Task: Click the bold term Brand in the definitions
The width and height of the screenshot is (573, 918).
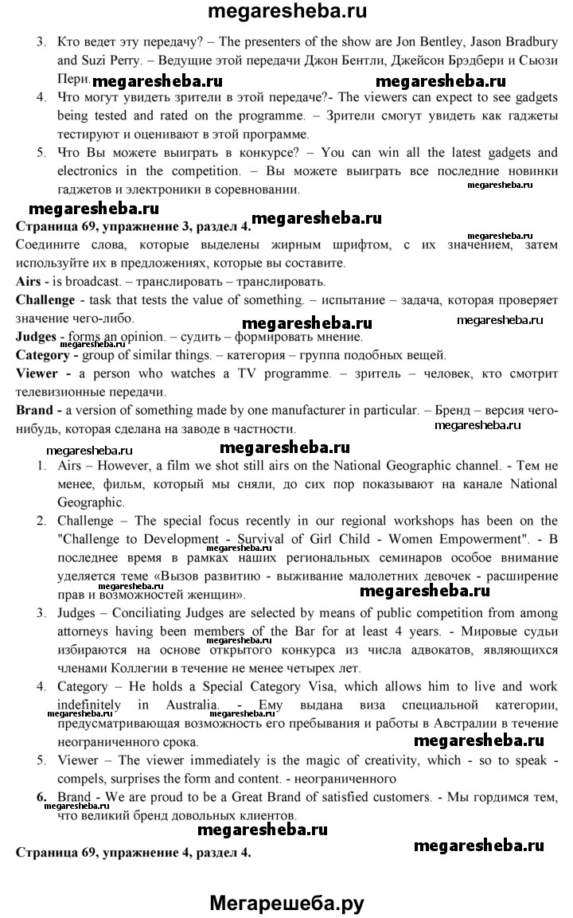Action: coord(36,410)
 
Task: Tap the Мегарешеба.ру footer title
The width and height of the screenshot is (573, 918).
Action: coord(286,903)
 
